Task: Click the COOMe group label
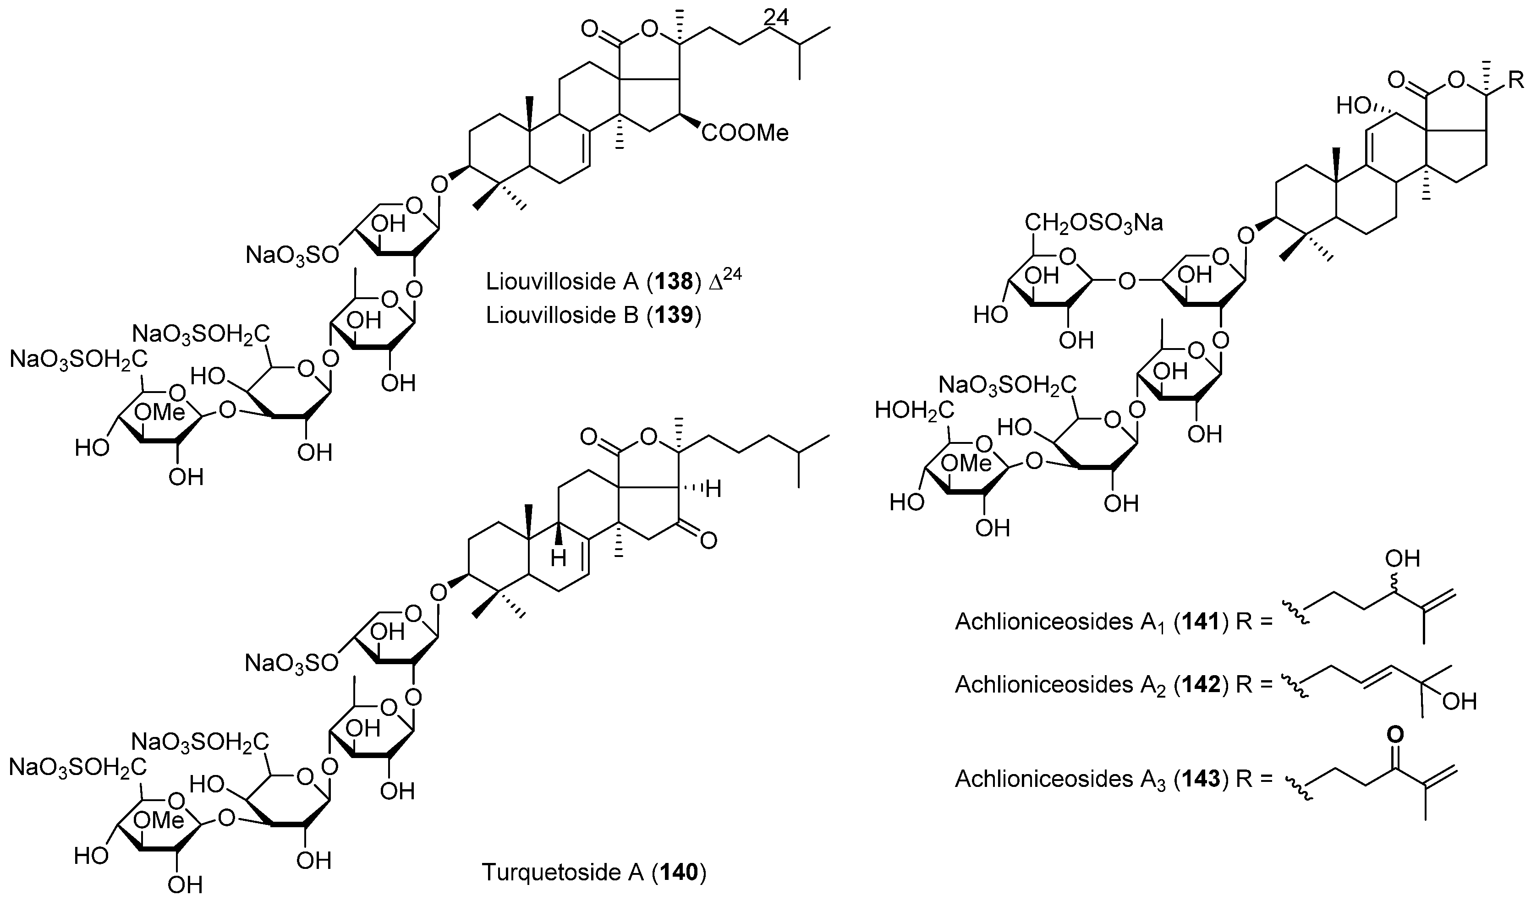point(745,132)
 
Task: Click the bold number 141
point(1200,622)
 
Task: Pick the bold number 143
point(1200,779)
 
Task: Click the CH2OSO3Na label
point(1094,224)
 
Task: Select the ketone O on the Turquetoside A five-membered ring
point(708,541)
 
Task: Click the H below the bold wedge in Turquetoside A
point(558,558)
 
